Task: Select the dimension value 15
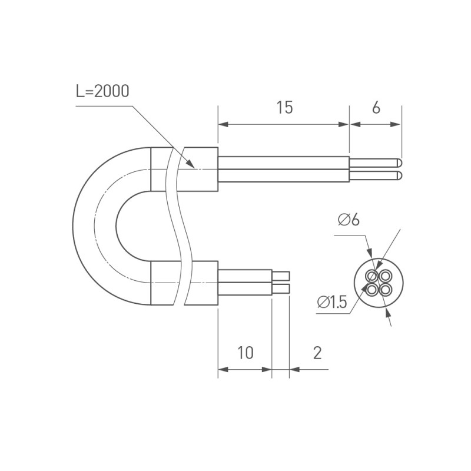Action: tap(284, 108)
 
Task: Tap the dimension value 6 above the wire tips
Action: tap(376, 108)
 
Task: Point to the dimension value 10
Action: tap(246, 353)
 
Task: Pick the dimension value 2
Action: tap(317, 353)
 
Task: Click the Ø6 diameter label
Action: tap(349, 220)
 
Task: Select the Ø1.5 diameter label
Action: tap(332, 303)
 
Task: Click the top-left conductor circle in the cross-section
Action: tap(372, 276)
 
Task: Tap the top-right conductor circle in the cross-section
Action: tap(385, 276)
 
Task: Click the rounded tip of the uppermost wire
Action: tap(399, 162)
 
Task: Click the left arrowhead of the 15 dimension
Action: tap(223, 124)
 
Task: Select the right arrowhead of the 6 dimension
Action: tap(397, 124)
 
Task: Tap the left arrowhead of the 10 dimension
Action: tap(223, 370)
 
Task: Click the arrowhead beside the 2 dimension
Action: tap(294, 370)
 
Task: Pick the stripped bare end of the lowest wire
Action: tap(281, 288)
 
